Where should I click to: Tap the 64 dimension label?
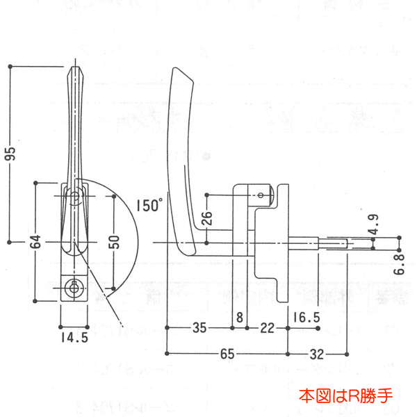click(35, 243)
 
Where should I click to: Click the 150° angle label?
click(149, 205)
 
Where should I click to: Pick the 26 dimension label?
click(206, 220)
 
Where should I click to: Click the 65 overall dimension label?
click(227, 353)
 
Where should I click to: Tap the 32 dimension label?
click(316, 353)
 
